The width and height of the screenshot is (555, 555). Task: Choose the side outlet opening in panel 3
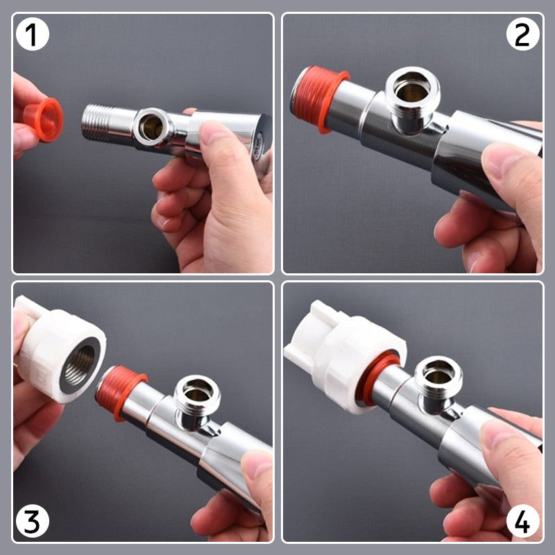[197, 398]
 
